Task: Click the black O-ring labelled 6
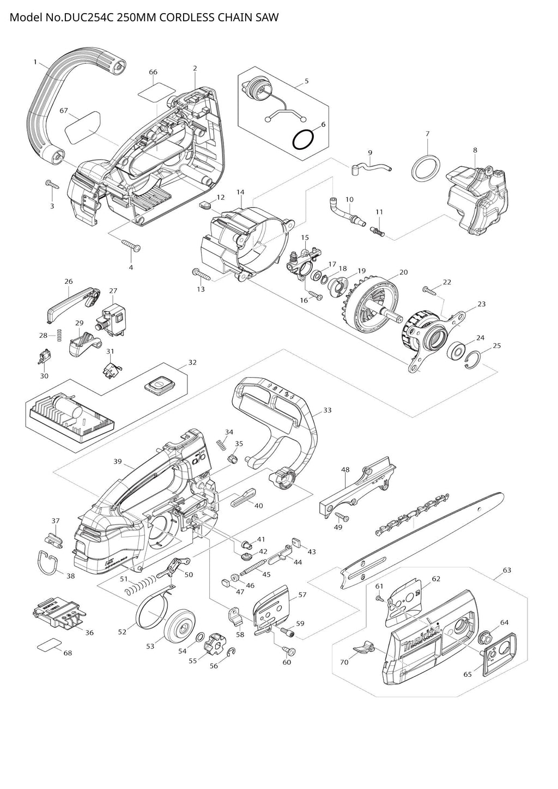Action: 303,140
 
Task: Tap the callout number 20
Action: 403,272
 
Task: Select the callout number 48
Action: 345,469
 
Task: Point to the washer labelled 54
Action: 199,638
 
